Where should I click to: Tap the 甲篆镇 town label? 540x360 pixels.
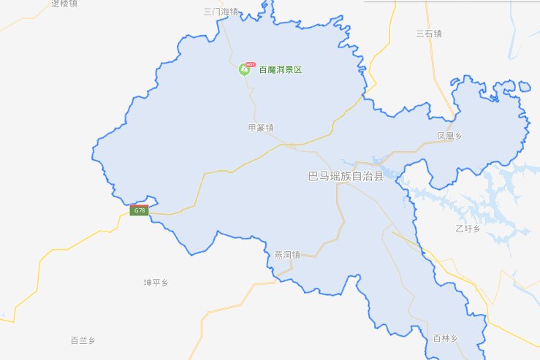[261, 128]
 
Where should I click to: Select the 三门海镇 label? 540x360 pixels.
[220, 12]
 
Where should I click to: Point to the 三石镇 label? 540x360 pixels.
[429, 33]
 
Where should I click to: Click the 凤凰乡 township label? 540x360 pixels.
[449, 136]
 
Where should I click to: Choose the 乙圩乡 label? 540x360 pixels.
[467, 229]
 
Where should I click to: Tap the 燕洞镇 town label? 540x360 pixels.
[287, 255]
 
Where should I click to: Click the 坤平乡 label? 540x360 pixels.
[156, 281]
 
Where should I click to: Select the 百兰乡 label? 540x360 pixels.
[83, 340]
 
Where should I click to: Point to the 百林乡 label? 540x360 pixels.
[444, 338]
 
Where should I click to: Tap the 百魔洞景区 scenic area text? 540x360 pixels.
[281, 70]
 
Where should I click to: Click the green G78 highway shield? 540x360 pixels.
[139, 210]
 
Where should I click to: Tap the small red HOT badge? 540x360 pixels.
[251, 64]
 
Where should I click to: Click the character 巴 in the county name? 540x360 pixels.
[313, 177]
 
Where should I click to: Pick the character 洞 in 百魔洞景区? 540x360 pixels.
[281, 70]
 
